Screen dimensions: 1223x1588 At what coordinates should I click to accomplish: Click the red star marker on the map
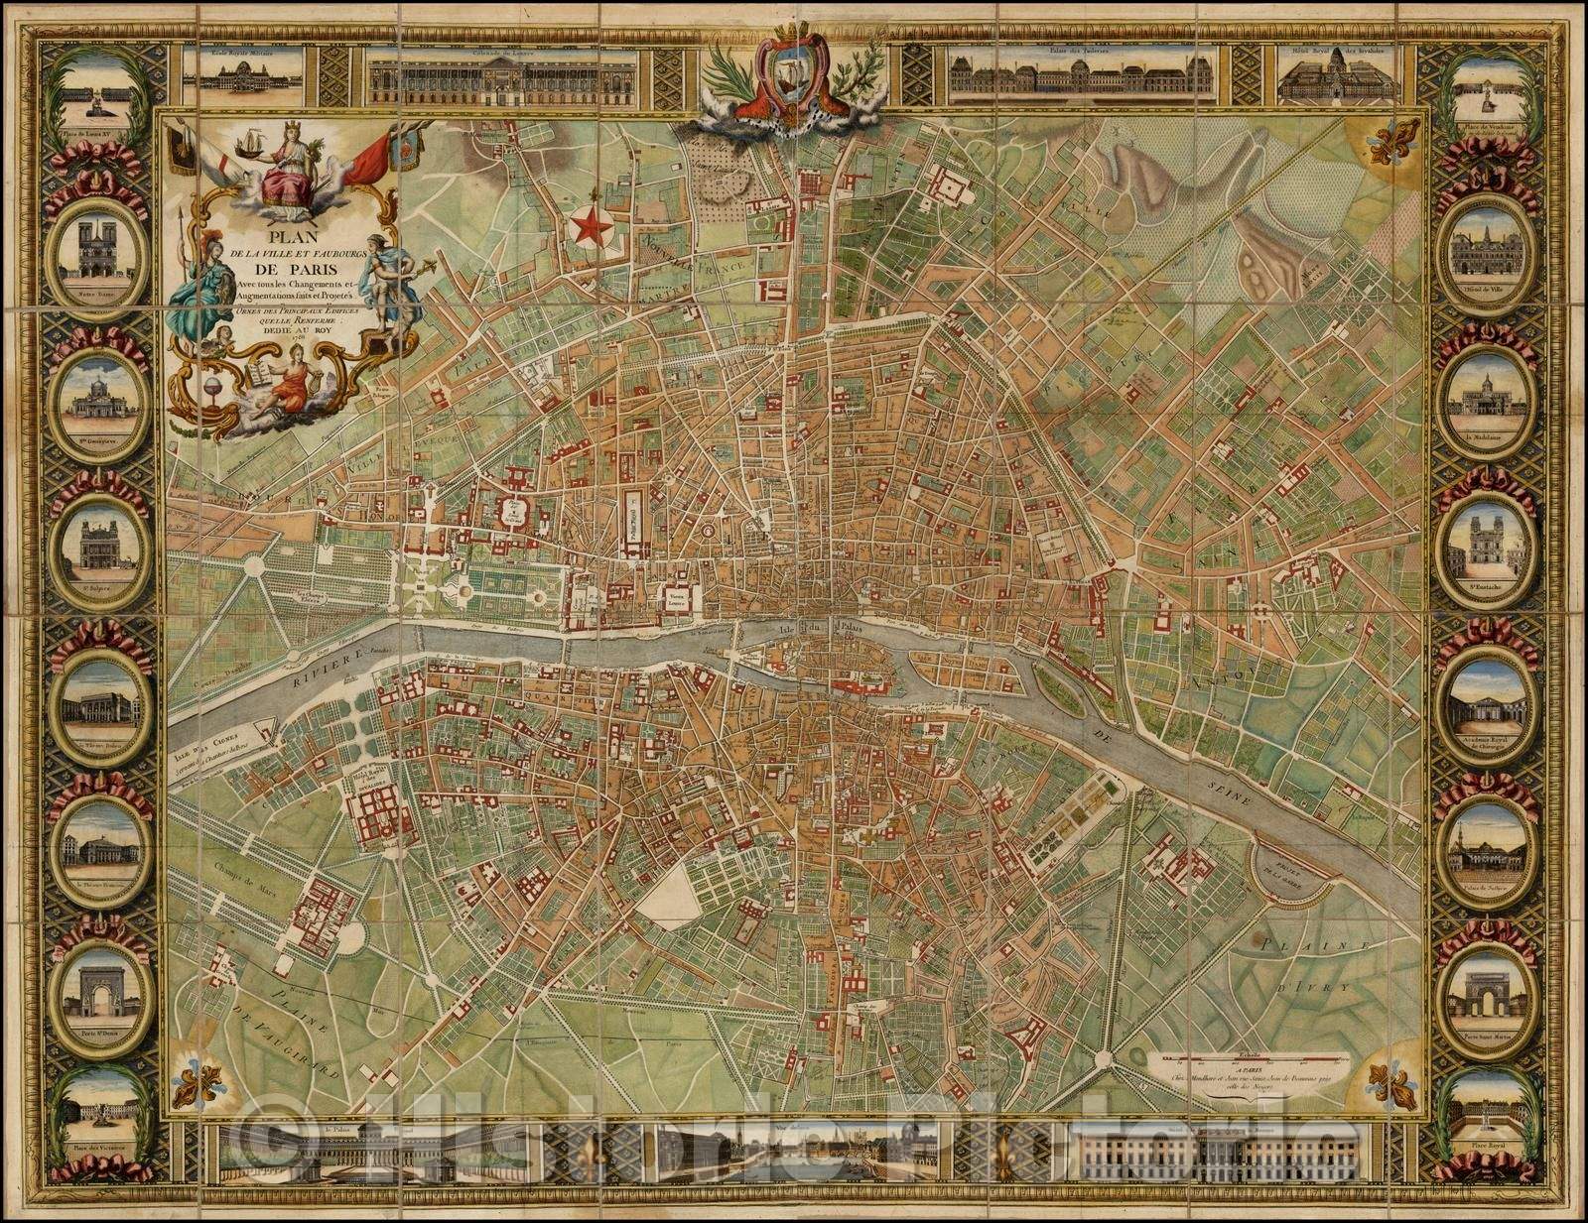(593, 227)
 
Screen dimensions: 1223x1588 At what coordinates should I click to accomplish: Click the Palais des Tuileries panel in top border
(1083, 76)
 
